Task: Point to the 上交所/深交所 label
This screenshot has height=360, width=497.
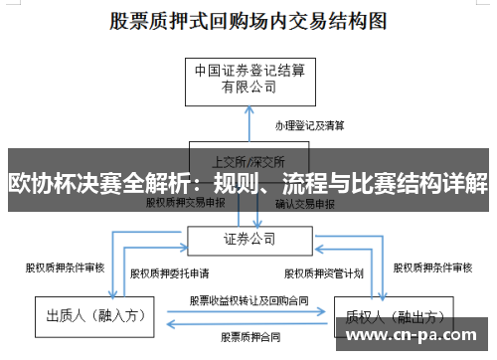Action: tap(248, 159)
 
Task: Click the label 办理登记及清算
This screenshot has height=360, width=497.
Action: tap(310, 126)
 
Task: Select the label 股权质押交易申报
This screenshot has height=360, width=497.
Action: tap(186, 203)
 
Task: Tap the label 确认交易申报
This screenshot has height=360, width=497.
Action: tap(305, 203)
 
